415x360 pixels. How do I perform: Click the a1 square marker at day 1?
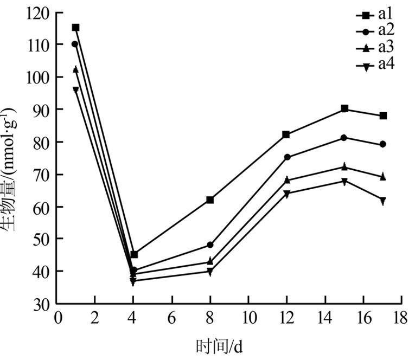coord(75,27)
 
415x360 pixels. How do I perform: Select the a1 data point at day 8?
coord(210,200)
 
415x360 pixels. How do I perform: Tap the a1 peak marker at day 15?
coord(344,109)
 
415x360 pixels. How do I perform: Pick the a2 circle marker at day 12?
coord(287,157)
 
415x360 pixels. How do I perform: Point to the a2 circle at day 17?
coord(383,144)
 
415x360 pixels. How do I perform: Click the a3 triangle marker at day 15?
coord(344,166)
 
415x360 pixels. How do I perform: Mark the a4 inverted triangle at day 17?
coord(383,201)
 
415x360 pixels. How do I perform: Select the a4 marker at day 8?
coord(210,272)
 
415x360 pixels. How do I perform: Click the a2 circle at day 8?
coord(210,245)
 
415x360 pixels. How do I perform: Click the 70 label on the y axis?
coord(42,175)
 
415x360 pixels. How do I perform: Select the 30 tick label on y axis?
coord(42,304)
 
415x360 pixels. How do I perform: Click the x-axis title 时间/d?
coord(223,345)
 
